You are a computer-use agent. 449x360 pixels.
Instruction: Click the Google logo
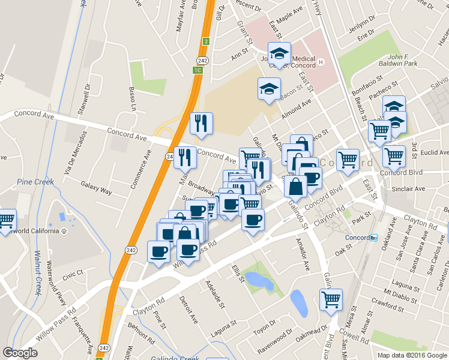click(20, 353)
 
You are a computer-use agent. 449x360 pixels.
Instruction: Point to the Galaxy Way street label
click(97, 191)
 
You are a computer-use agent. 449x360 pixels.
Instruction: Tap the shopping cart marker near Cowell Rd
click(331, 299)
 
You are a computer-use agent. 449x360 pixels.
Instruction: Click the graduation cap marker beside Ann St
click(279, 53)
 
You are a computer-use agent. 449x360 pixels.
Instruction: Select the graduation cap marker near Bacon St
click(269, 89)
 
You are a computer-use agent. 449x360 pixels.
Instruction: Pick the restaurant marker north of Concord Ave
click(201, 123)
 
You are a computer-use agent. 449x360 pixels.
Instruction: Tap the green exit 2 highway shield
click(205, 41)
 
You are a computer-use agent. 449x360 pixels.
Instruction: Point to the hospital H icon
click(321, 62)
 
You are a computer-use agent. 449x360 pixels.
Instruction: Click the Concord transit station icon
click(373, 237)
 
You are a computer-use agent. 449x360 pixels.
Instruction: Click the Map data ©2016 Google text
click(411, 355)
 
